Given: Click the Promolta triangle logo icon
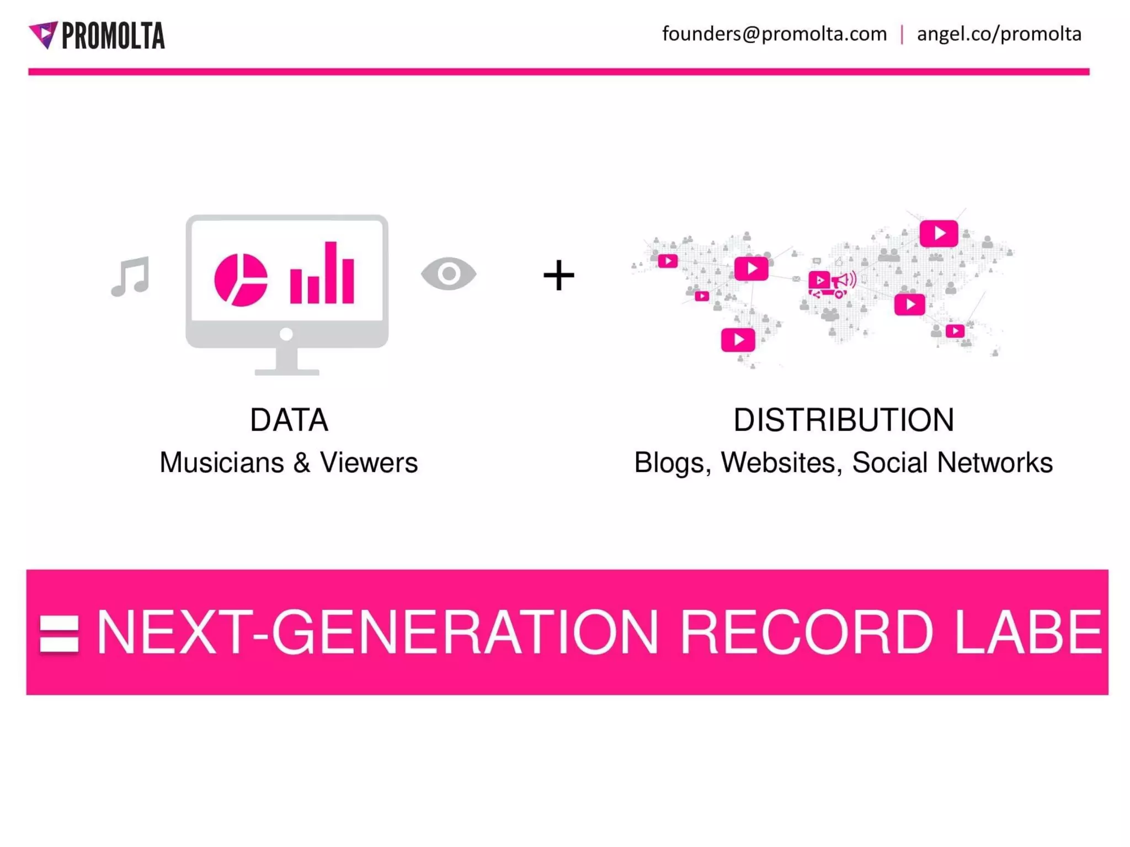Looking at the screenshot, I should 44,34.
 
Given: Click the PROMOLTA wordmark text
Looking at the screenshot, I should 113,36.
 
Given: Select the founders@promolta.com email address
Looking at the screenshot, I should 774,34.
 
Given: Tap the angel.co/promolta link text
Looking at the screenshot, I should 999,34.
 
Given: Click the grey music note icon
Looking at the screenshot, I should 131,276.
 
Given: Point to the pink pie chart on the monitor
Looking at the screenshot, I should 241,280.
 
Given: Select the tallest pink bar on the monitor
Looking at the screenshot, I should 331,272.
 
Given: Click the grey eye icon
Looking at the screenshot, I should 449,274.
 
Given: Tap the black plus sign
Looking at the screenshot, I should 558,275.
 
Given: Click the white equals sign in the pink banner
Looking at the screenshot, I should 59,634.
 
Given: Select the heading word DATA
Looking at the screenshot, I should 289,420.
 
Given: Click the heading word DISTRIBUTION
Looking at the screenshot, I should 844,420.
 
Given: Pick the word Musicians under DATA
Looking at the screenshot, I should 222,463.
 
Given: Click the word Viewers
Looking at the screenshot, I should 369,463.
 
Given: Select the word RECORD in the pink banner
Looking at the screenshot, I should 806,632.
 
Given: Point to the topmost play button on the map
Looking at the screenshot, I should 939,233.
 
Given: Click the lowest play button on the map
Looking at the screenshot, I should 738,340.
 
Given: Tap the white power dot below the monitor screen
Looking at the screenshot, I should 286,334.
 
